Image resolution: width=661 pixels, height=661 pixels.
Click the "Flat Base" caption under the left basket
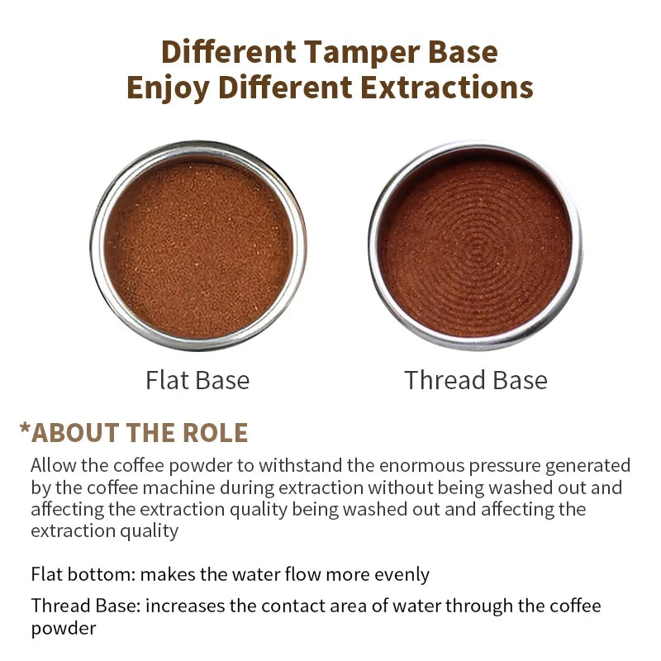[x=197, y=380]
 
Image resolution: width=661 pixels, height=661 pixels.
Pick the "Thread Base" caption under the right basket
[x=476, y=380]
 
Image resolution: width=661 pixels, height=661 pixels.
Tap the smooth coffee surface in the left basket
[x=198, y=246]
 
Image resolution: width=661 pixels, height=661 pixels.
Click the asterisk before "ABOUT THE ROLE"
[x=25, y=431]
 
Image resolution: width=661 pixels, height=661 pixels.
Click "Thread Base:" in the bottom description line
[x=86, y=606]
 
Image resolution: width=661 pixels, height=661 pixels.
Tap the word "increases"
[x=185, y=606]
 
